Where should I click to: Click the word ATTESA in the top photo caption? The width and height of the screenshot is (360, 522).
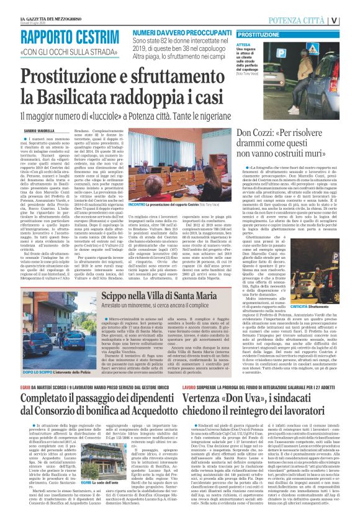(x=245, y=45)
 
